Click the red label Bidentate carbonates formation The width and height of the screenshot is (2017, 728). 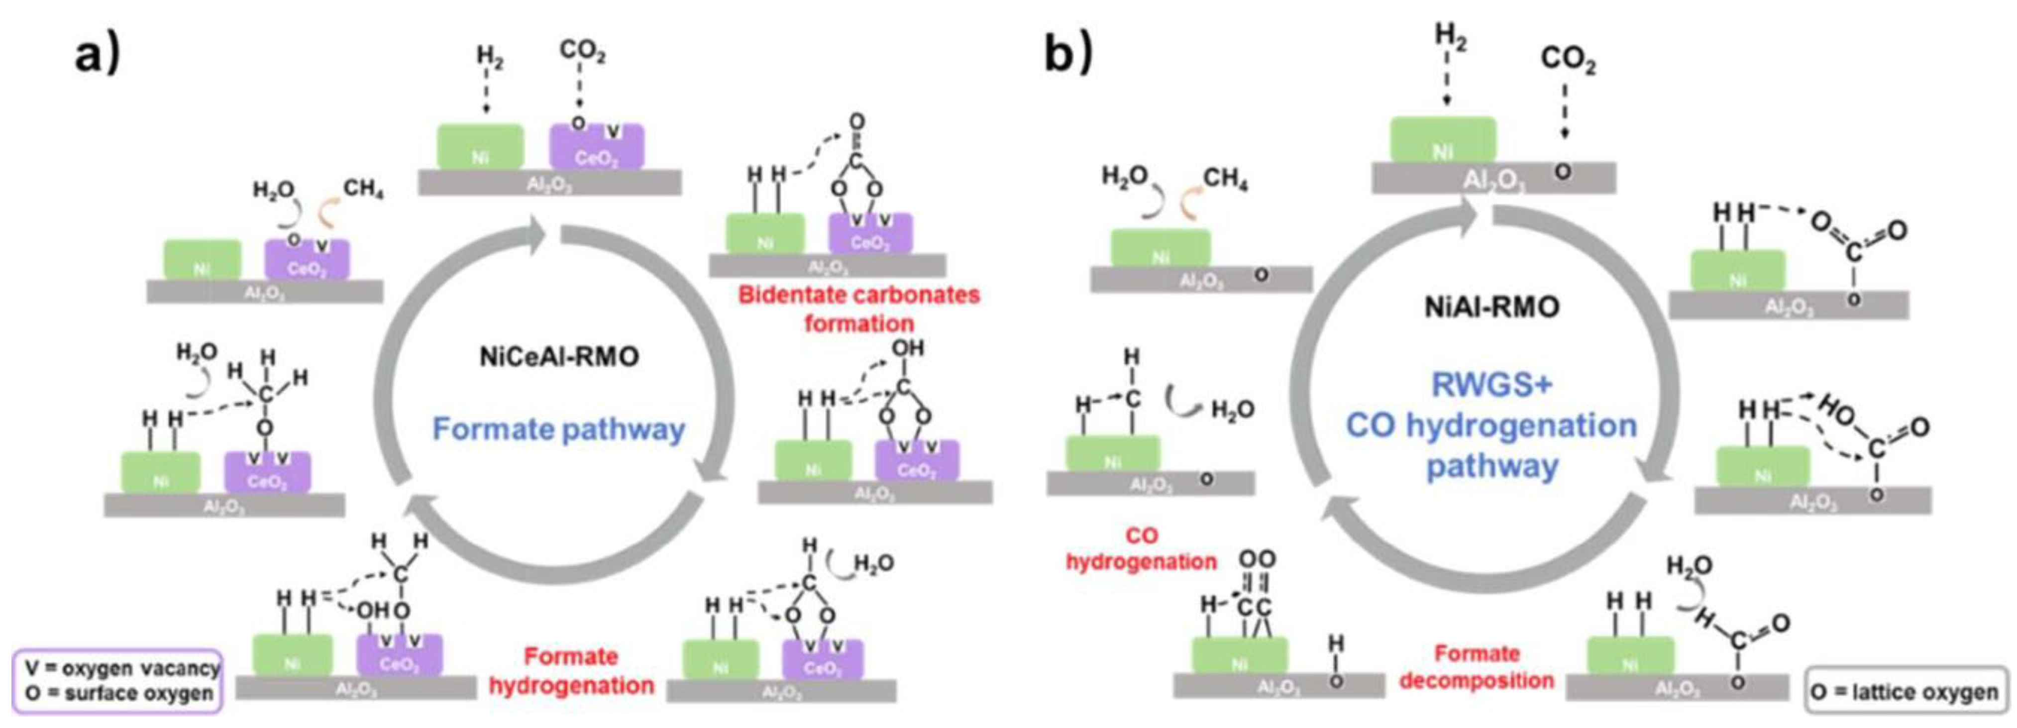(x=859, y=309)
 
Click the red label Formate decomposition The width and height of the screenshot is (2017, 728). (x=1476, y=667)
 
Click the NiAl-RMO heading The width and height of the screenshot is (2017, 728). (x=1491, y=307)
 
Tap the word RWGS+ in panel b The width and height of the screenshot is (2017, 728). (x=1491, y=385)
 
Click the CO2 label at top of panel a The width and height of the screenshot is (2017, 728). (x=582, y=52)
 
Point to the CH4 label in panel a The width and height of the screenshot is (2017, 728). (x=363, y=190)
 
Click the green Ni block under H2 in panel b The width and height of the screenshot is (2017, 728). (x=1442, y=142)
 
